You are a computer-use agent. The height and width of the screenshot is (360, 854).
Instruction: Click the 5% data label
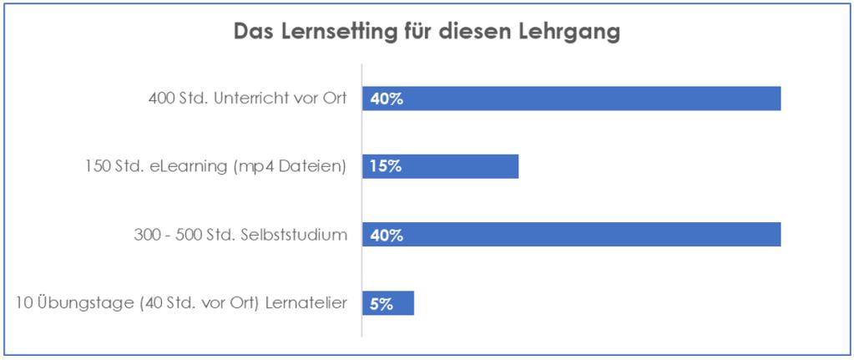[x=382, y=303]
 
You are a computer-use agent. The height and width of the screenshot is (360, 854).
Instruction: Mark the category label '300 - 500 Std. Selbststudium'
[x=240, y=235]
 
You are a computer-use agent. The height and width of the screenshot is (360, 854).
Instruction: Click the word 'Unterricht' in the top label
[x=249, y=99]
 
